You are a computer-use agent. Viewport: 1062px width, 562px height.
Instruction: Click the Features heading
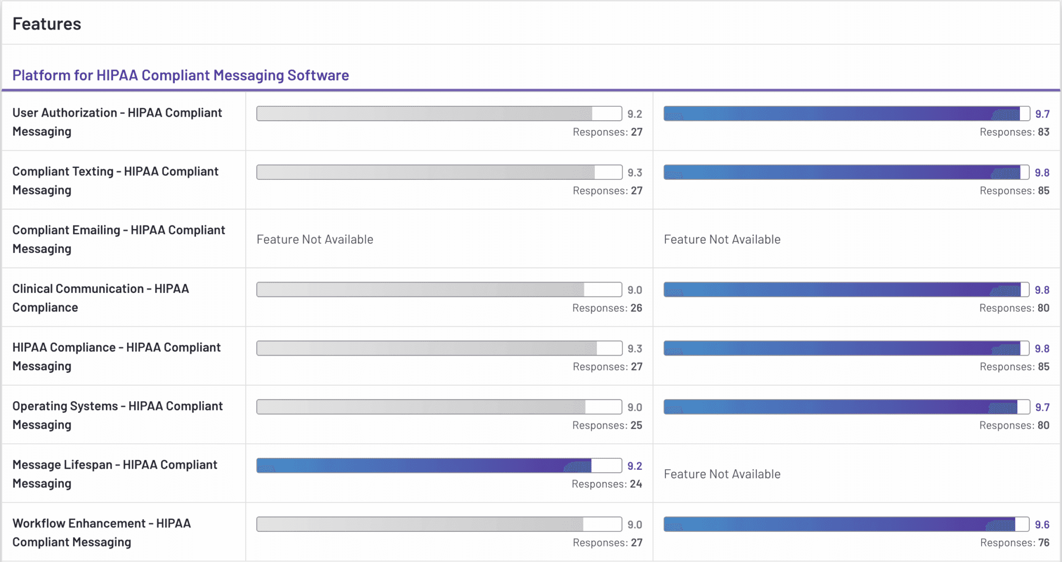[x=47, y=24]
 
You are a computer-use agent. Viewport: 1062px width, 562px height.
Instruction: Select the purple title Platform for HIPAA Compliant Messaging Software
[x=180, y=75]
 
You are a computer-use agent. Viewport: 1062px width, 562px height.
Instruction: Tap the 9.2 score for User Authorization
[x=635, y=114]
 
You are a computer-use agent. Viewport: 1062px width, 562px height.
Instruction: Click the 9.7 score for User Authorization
[x=1042, y=114]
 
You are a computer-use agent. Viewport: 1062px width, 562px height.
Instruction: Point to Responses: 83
[x=1014, y=132]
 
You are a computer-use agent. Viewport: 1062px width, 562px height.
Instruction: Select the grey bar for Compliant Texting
[x=439, y=172]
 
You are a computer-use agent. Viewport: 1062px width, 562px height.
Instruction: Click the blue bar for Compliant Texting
[x=847, y=172]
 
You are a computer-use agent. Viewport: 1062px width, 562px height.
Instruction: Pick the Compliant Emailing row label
[x=119, y=239]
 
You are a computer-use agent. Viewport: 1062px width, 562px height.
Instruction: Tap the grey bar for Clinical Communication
[x=439, y=289]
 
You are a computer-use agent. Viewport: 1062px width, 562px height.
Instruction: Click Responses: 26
[x=607, y=308]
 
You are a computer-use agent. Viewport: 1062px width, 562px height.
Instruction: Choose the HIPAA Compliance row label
[x=117, y=357]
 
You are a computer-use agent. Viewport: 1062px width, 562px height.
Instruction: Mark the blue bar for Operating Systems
[x=847, y=407]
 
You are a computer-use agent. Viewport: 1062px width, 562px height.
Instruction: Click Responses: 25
[x=607, y=425]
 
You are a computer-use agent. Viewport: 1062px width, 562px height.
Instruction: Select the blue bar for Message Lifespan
[x=439, y=466]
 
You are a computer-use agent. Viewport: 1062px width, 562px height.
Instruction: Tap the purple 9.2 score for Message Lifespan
[x=635, y=466]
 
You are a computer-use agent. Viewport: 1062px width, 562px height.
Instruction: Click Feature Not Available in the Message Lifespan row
[x=722, y=474]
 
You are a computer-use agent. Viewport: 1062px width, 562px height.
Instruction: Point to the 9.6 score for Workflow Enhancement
[x=1042, y=525]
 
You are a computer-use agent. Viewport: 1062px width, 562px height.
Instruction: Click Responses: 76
[x=1014, y=543]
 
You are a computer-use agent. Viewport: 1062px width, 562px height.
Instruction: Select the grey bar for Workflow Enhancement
[x=439, y=524]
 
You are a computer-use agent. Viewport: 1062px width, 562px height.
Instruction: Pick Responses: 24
[x=607, y=484]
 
